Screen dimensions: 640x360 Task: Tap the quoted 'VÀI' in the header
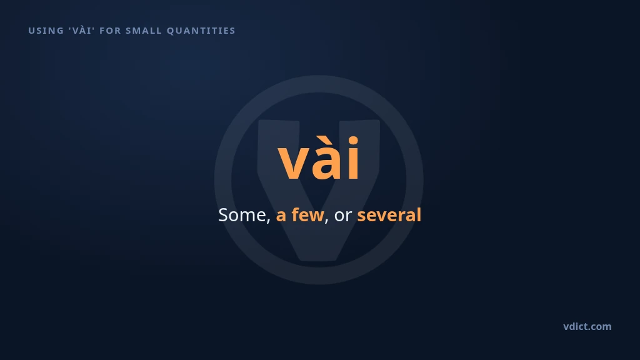(x=82, y=30)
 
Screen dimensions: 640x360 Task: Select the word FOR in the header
(x=110, y=31)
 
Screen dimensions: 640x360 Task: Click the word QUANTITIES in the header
(x=201, y=31)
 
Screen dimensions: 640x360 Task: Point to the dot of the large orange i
(x=354, y=141)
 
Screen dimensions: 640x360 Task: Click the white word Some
(x=242, y=215)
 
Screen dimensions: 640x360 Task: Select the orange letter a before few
(x=281, y=217)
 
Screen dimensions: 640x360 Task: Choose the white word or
(x=343, y=217)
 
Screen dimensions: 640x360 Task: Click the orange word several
(x=389, y=215)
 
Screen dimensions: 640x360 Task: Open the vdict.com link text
(x=587, y=326)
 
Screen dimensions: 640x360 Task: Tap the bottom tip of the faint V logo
(x=319, y=261)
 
